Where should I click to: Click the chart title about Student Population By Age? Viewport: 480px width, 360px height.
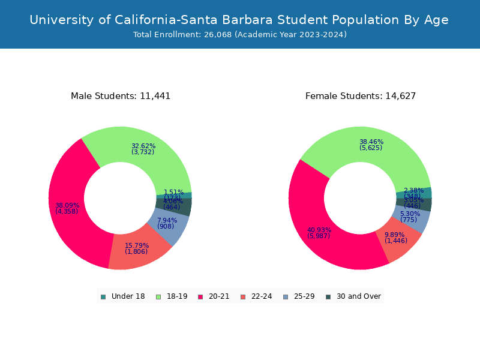(x=239, y=20)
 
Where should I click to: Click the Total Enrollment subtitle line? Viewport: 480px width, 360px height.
(x=240, y=35)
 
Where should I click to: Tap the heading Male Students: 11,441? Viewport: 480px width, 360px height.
(x=121, y=96)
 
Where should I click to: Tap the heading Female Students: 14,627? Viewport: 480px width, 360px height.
(x=361, y=96)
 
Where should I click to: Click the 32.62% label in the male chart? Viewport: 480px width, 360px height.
(x=143, y=146)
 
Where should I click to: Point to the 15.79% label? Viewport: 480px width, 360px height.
(x=136, y=245)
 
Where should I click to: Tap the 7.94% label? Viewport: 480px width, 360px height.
(x=167, y=220)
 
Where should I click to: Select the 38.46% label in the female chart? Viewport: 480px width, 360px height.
(x=371, y=142)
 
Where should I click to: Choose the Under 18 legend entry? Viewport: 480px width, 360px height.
(x=123, y=296)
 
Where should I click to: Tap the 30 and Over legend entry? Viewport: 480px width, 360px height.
(x=353, y=296)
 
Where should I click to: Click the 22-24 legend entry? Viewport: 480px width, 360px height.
(x=256, y=296)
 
